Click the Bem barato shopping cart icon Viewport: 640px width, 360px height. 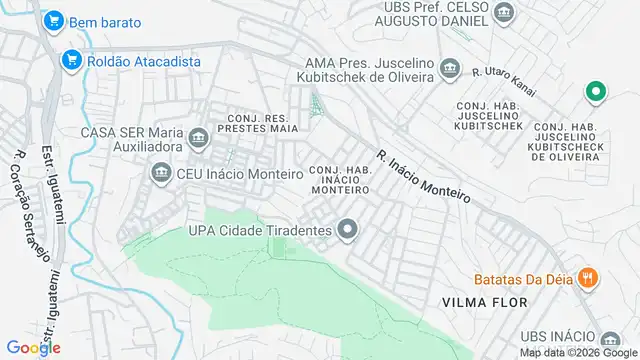tap(53, 20)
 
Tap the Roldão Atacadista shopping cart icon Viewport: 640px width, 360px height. tap(71, 60)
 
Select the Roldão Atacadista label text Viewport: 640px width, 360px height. tap(143, 61)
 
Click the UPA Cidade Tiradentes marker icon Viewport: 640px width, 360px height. tap(348, 231)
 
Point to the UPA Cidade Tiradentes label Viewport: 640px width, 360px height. tap(259, 231)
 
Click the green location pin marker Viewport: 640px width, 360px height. tap(596, 93)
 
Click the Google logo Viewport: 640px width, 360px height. tap(32, 348)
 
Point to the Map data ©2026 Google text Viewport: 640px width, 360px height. tap(576, 352)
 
